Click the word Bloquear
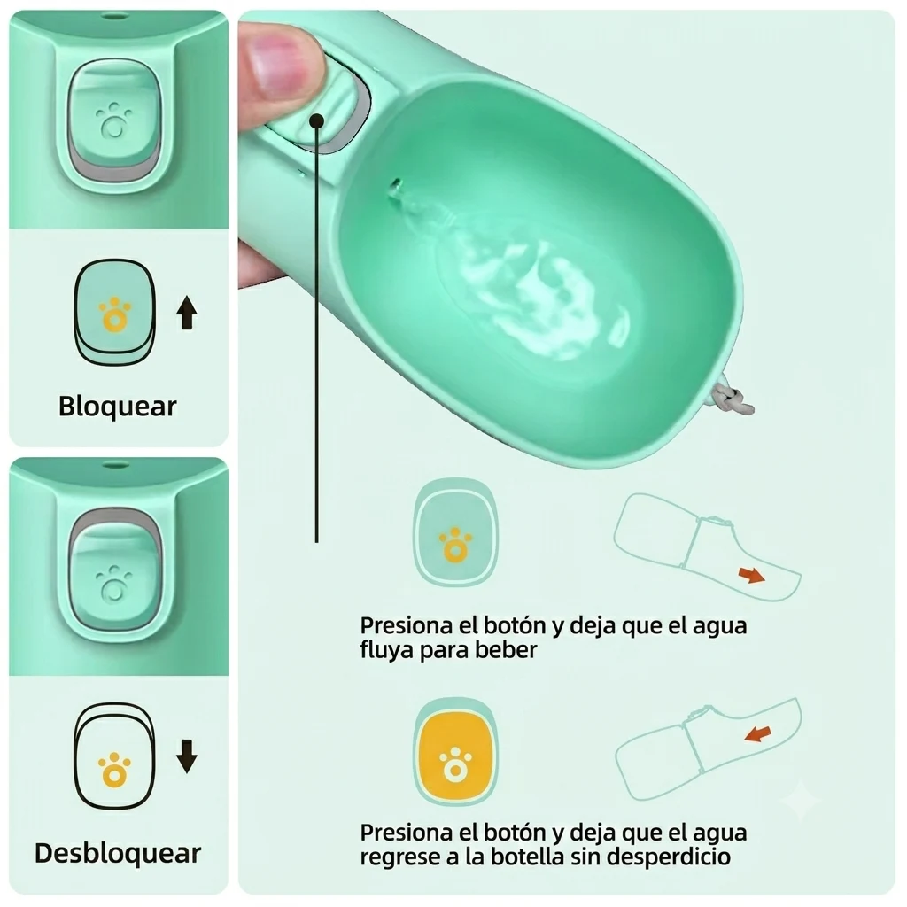click(x=118, y=406)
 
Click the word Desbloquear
click(x=118, y=853)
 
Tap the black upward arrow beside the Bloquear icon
click(x=186, y=313)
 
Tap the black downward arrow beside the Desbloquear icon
click(x=186, y=756)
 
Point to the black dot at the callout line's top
click(x=316, y=120)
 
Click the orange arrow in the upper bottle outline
click(x=751, y=575)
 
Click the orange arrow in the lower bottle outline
click(x=758, y=734)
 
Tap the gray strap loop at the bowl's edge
click(x=732, y=399)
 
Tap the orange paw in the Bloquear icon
click(x=114, y=314)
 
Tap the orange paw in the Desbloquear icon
click(x=114, y=770)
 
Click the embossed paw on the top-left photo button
click(x=113, y=121)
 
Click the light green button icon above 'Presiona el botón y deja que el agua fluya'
click(x=455, y=532)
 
